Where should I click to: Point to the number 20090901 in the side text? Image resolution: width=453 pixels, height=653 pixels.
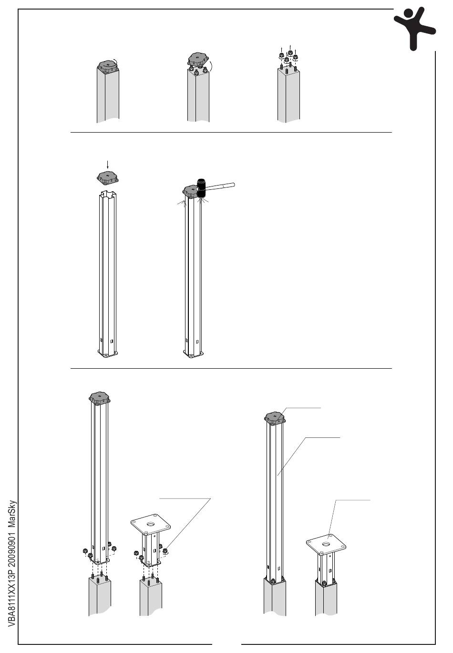(x=12, y=547)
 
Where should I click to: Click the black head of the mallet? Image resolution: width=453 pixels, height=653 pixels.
(x=202, y=188)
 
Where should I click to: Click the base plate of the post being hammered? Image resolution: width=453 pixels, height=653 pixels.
(x=193, y=353)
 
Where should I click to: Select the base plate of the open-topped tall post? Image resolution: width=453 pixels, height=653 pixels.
(x=108, y=353)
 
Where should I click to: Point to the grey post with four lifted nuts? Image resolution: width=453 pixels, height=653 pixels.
(x=288, y=95)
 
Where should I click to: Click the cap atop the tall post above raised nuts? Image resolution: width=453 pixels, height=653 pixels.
(x=100, y=398)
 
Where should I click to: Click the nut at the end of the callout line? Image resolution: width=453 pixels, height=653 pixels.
(x=165, y=551)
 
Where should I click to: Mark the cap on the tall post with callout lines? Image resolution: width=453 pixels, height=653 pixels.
(x=275, y=417)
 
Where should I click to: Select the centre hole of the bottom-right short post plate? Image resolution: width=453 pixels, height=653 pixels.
(x=326, y=544)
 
